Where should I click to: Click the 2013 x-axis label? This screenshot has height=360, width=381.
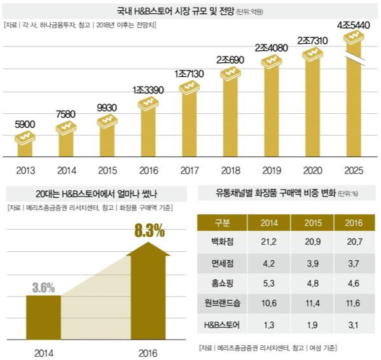[x=25, y=170]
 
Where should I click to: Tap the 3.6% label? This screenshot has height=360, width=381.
[x=43, y=286]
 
